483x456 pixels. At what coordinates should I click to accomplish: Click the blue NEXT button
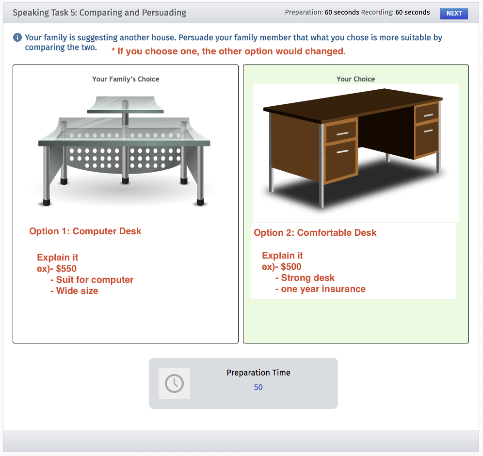point(454,13)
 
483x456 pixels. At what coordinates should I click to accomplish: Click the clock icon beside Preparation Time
point(174,383)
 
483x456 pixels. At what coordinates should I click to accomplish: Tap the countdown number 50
point(258,387)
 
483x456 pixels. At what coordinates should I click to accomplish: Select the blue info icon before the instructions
point(17,37)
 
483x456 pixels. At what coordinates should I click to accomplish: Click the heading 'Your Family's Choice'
point(126,79)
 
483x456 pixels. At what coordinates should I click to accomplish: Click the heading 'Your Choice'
point(355,79)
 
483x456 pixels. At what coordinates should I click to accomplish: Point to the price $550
point(66,268)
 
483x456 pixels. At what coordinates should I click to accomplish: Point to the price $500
point(291,266)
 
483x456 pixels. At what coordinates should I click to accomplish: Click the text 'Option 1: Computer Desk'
point(85,231)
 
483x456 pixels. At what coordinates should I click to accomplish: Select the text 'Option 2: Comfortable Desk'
point(315,232)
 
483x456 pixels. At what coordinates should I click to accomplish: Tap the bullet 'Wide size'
point(77,291)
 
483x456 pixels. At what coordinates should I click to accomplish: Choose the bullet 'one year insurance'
point(323,289)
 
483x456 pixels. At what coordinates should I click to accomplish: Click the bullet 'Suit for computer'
point(94,279)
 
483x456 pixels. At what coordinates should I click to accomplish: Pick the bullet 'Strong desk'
point(307,277)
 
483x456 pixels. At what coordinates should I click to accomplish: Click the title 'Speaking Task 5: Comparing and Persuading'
point(99,13)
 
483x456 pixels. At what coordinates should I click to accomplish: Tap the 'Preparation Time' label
point(258,373)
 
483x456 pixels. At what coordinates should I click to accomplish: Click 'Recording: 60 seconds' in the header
point(395,13)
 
